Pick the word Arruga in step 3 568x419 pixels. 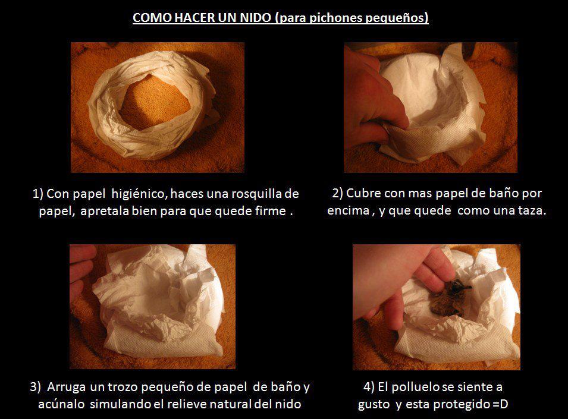66,388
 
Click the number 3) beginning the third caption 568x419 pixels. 35,387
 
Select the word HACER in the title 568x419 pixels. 194,17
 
